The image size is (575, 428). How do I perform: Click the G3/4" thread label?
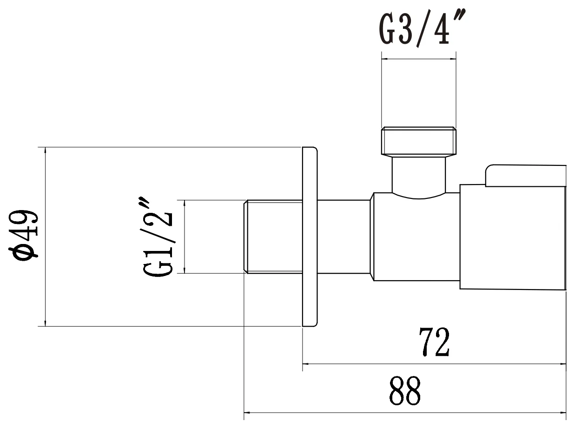pyautogui.click(x=422, y=28)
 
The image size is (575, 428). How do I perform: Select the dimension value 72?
pyautogui.click(x=434, y=342)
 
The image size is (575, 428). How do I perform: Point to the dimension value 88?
pyautogui.click(x=405, y=391)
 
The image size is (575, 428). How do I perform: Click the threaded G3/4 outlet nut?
pyautogui.click(x=419, y=141)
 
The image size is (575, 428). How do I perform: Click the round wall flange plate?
pyautogui.click(x=310, y=237)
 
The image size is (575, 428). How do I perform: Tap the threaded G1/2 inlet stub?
pyautogui.click(x=273, y=237)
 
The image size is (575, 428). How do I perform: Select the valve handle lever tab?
pyautogui.click(x=525, y=176)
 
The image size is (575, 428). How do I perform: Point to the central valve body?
pyautogui.click(x=416, y=237)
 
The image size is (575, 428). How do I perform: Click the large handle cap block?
pyautogui.click(x=513, y=237)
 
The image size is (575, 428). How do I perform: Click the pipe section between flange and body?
pyautogui.click(x=344, y=237)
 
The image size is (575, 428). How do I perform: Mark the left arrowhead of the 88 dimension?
pyautogui.click(x=247, y=412)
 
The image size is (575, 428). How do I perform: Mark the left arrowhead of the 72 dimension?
pyautogui.click(x=305, y=364)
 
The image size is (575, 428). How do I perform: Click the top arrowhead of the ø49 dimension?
pyautogui.click(x=46, y=150)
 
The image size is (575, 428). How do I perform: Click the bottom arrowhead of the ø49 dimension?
pyautogui.click(x=46, y=323)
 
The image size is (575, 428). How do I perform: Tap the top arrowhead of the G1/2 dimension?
pyautogui.click(x=185, y=203)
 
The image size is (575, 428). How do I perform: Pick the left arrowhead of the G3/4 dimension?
pyautogui.click(x=384, y=59)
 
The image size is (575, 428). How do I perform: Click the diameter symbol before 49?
pyautogui.click(x=23, y=253)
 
